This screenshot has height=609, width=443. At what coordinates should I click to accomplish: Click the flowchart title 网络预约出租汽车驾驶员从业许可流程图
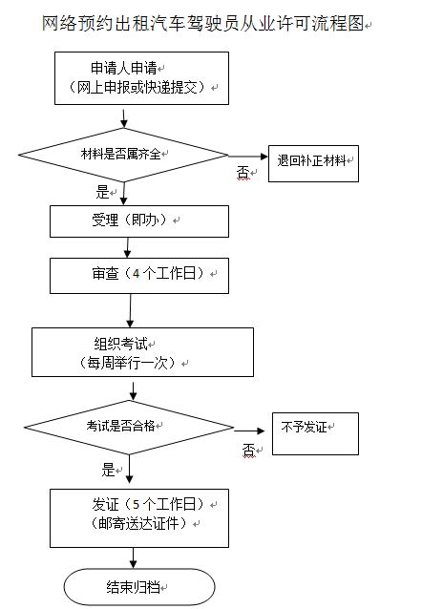pyautogui.click(x=202, y=23)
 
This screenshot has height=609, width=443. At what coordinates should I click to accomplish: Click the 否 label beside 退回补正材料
pyautogui.click(x=243, y=172)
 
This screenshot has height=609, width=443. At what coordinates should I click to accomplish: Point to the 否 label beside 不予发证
pyautogui.click(x=248, y=451)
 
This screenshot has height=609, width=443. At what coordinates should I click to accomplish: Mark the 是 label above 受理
pyautogui.click(x=102, y=192)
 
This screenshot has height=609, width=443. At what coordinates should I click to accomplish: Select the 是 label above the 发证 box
pyautogui.click(x=108, y=470)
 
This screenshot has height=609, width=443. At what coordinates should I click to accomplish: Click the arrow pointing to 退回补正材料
pyautogui.click(x=248, y=157)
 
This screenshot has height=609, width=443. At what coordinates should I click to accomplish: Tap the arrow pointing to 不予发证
pyautogui.click(x=249, y=430)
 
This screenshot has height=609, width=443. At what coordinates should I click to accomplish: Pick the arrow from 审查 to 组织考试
pyautogui.click(x=130, y=311)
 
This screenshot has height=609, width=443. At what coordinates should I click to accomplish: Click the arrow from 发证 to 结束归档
pyautogui.click(x=134, y=558)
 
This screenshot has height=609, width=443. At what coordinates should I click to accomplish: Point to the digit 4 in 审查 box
pyautogui.click(x=136, y=274)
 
